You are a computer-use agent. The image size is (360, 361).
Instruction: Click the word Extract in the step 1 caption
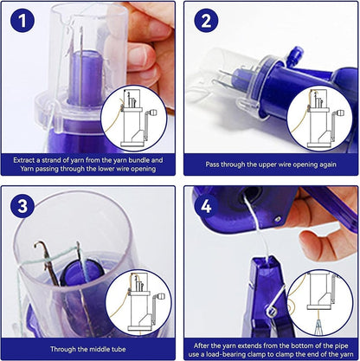tap(28, 160)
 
